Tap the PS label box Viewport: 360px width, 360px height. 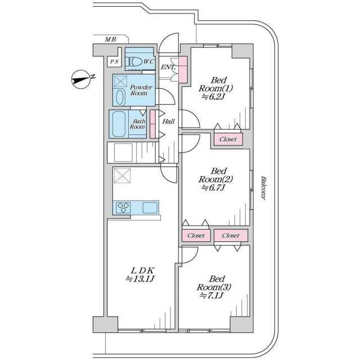(x=114, y=61)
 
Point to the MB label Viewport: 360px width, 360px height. (x=111, y=39)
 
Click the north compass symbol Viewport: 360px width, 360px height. (x=82, y=79)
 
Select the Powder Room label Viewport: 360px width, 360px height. (x=141, y=90)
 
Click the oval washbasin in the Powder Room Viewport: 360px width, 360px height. (x=120, y=97)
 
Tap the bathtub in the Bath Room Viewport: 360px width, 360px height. (x=119, y=124)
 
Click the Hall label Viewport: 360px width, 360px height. (x=169, y=121)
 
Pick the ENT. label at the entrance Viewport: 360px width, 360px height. (x=168, y=67)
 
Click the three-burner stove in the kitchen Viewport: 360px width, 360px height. (x=123, y=208)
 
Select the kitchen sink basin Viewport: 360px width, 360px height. (x=150, y=208)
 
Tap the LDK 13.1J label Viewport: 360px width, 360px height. (x=140, y=274)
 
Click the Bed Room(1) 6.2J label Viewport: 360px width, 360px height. (x=216, y=88)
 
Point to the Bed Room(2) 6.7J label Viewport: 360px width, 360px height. (x=216, y=179)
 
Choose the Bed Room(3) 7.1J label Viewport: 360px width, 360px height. (x=214, y=287)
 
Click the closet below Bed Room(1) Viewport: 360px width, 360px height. (x=228, y=139)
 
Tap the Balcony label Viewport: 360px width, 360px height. (x=263, y=188)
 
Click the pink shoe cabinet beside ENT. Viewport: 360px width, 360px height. (x=183, y=69)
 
